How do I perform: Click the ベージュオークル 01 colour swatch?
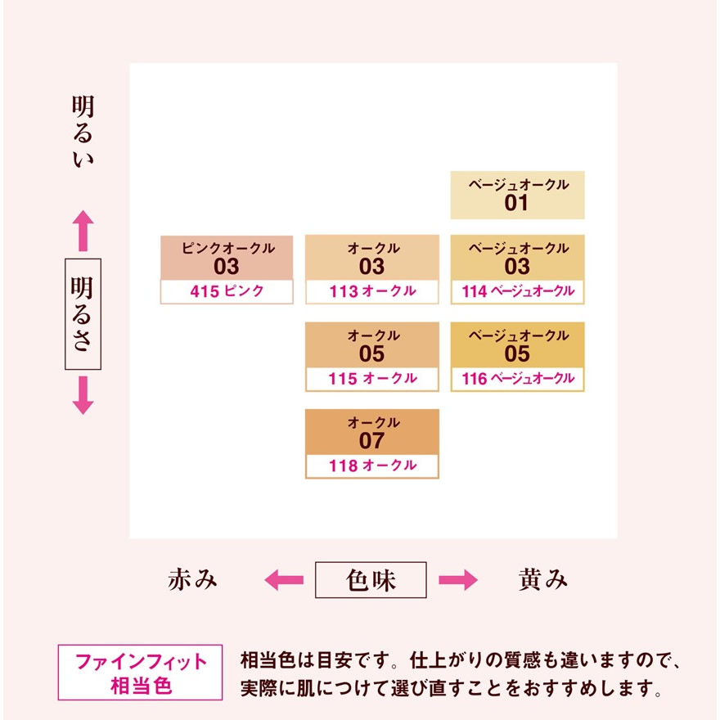[x=517, y=196]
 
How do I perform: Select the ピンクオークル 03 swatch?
[x=227, y=258]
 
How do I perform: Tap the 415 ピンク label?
[x=227, y=291]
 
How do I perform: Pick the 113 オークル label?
[x=372, y=291]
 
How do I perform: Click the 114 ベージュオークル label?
[x=517, y=291]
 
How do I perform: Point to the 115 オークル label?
[x=372, y=379]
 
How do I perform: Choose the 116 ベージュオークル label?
[x=517, y=379]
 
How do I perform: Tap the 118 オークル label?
[x=372, y=466]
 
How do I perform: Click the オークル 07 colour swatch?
[x=372, y=432]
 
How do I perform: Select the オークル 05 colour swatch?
[x=372, y=344]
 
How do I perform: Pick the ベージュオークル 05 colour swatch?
[x=517, y=344]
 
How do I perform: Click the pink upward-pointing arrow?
[x=83, y=231]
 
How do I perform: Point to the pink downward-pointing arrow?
[x=83, y=395]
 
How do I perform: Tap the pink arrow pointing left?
[x=284, y=580]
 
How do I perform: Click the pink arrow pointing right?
[x=458, y=580]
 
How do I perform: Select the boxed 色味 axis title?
[x=371, y=580]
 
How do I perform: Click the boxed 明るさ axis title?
[x=83, y=314]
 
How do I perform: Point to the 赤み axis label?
[x=192, y=579]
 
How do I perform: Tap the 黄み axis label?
[x=542, y=579]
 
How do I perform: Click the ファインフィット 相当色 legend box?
[x=140, y=673]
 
